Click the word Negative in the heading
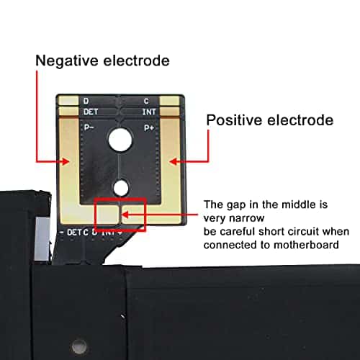point(67,60)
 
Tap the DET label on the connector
point(91,112)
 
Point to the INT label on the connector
point(149,112)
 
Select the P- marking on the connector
point(89,127)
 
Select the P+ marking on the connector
point(149,128)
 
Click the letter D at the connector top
point(86,101)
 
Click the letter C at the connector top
point(146,102)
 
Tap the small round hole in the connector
point(121,188)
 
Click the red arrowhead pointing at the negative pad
point(65,161)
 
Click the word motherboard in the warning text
point(306,245)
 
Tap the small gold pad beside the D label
point(68,101)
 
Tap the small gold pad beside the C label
point(170,101)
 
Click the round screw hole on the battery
point(79,346)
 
